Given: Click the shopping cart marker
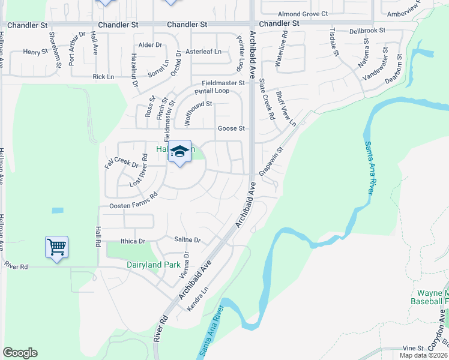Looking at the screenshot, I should click(56, 246).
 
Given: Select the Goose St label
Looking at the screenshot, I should click(231, 128).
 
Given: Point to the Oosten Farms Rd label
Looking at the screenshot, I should click(133, 201).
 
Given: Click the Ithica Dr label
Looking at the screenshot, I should click(133, 241).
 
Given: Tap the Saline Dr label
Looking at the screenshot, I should click(187, 240).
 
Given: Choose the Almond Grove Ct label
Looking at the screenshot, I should click(303, 13).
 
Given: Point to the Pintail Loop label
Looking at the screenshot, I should click(211, 91).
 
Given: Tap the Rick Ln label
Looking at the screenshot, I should click(103, 77).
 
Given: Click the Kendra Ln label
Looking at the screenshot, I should click(197, 298).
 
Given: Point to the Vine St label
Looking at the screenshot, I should click(413, 348).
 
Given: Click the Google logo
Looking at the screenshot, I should click(20, 353).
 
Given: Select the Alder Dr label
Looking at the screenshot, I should click(150, 45).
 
